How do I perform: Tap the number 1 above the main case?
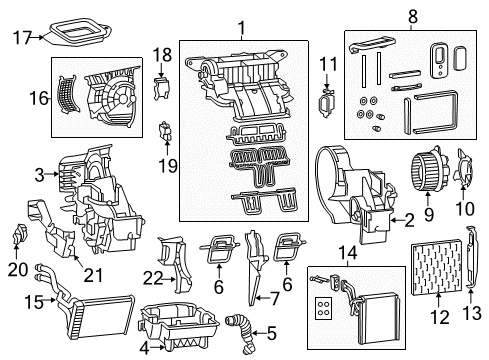tap(239, 26)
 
